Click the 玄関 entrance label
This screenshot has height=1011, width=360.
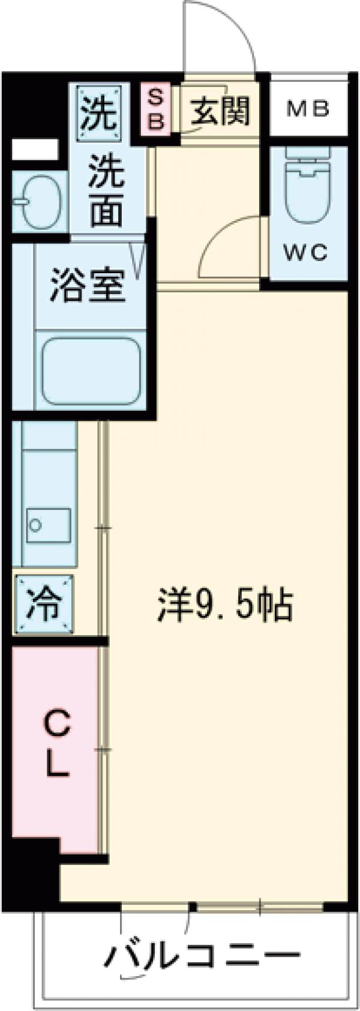point(220,111)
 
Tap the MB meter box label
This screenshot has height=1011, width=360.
point(308,109)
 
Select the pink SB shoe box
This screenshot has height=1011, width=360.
point(155,109)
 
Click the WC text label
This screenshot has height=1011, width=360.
point(306,253)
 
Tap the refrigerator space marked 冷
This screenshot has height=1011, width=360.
point(45,604)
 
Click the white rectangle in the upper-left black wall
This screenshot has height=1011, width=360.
point(35,149)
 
